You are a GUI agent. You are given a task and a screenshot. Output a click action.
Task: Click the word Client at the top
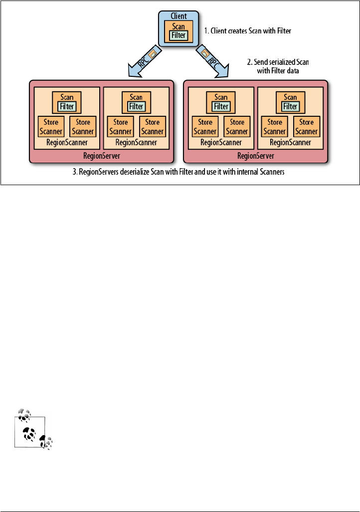pyautogui.click(x=178, y=16)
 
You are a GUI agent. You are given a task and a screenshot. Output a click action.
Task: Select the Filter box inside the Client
pyautogui.click(x=178, y=35)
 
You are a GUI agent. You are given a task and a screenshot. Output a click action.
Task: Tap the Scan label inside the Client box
pyautogui.click(x=178, y=27)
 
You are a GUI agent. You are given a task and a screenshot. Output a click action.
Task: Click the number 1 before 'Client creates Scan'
pyautogui.click(x=206, y=31)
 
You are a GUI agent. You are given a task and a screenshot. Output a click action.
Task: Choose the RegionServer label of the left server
pyautogui.click(x=101, y=155)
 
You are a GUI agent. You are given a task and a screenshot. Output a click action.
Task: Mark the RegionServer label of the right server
pyautogui.click(x=256, y=155)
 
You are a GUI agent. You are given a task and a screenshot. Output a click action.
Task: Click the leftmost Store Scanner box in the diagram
pyautogui.click(x=51, y=127)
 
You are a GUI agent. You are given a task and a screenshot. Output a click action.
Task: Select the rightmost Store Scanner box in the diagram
pyautogui.click(x=306, y=127)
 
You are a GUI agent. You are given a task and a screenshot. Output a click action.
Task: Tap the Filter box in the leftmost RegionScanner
pyautogui.click(x=66, y=106)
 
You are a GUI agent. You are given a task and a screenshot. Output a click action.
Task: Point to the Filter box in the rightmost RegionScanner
pyautogui.click(x=291, y=106)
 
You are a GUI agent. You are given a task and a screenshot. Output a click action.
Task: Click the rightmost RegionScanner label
pyautogui.click(x=291, y=142)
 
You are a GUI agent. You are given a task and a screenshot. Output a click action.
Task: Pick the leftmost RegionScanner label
pyautogui.click(x=66, y=142)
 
